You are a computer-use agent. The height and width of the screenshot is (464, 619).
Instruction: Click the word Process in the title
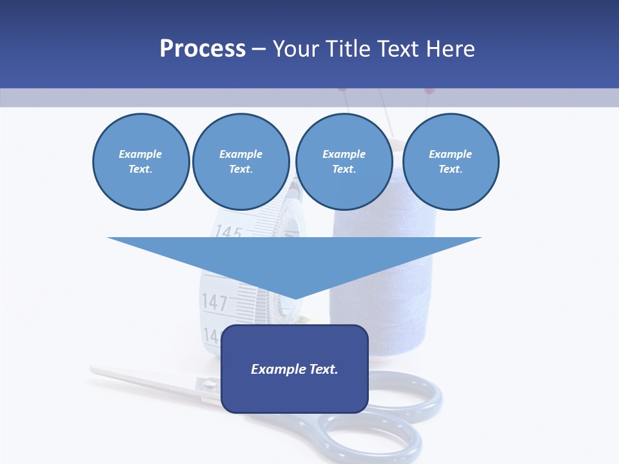click(202, 49)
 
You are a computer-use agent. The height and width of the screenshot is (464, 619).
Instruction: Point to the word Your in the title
click(297, 49)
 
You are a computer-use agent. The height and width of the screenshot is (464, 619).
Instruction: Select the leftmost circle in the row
click(141, 162)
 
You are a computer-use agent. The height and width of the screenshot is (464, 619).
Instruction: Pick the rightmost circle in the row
click(451, 162)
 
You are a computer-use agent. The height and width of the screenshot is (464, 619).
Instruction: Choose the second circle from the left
click(241, 162)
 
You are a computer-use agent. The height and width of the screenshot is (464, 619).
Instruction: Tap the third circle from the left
click(344, 162)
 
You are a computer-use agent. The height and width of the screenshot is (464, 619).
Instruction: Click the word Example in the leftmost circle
click(141, 154)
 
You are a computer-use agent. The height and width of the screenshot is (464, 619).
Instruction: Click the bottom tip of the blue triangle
click(295, 298)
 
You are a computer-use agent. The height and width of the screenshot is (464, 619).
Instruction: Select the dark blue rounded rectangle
click(295, 369)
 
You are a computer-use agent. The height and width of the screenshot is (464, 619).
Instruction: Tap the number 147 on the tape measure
click(215, 302)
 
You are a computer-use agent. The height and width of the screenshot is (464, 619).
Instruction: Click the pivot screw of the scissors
click(210, 385)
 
